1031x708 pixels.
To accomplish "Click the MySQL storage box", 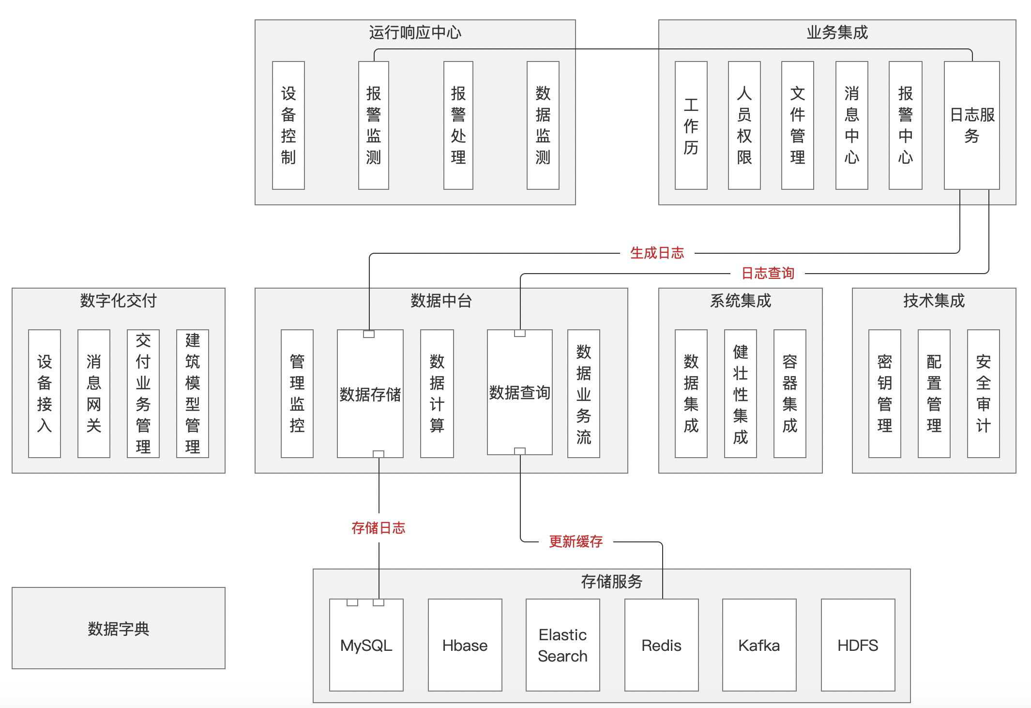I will (x=366, y=645).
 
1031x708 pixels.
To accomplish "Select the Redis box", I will (x=661, y=645).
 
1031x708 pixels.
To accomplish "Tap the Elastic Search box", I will (x=562, y=645).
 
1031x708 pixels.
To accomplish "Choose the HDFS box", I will (x=858, y=645).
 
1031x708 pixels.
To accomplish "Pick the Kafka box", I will (x=759, y=645).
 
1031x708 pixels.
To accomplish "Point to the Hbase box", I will (x=465, y=645).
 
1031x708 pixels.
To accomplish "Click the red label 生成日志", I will (x=657, y=253).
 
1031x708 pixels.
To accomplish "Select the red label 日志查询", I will (x=768, y=273).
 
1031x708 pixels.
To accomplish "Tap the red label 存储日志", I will (x=378, y=528).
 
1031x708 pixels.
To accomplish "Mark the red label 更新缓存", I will (x=576, y=541).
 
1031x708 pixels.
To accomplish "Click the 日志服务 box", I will (x=971, y=125).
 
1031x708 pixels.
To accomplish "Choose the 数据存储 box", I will (x=370, y=394).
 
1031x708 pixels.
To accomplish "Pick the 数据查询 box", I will (x=519, y=392).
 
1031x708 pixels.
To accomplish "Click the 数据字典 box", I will (x=119, y=628).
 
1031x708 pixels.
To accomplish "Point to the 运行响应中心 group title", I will (x=415, y=32).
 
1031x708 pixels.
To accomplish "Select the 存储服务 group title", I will (x=611, y=581).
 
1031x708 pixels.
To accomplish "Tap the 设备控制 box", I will (x=288, y=125).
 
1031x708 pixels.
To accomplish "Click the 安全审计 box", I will (x=983, y=393).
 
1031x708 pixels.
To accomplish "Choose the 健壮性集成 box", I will (x=740, y=393).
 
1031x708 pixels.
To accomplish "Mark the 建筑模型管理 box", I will (x=192, y=393).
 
